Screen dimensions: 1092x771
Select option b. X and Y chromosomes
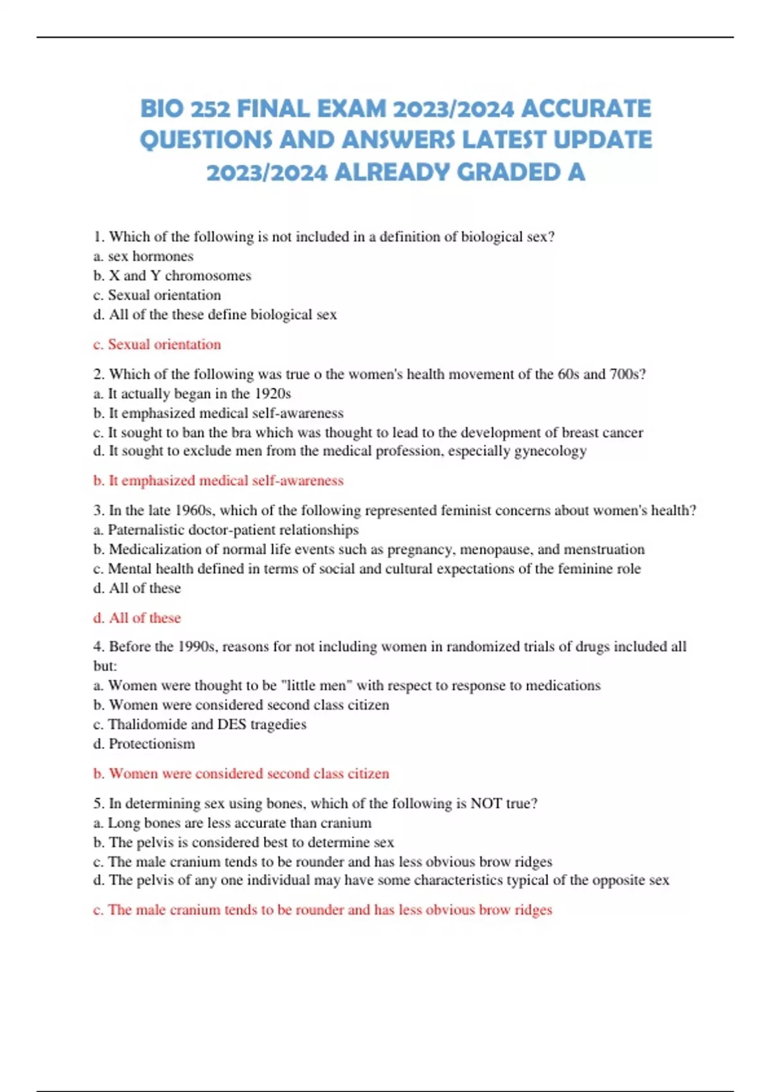[172, 276]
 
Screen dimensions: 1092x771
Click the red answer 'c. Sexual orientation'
[157, 344]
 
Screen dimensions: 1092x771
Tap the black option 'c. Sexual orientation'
[157, 295]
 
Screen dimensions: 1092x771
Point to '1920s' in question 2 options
[272, 393]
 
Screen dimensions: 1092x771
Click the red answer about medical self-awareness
[218, 480]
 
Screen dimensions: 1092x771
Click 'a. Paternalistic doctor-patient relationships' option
[226, 530]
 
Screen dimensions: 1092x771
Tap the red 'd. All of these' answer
[137, 618]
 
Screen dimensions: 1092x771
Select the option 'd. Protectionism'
[144, 744]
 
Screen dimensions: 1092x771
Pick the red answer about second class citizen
[241, 773]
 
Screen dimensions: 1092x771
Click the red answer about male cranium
[323, 910]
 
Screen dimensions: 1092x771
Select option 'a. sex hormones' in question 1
[143, 256]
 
